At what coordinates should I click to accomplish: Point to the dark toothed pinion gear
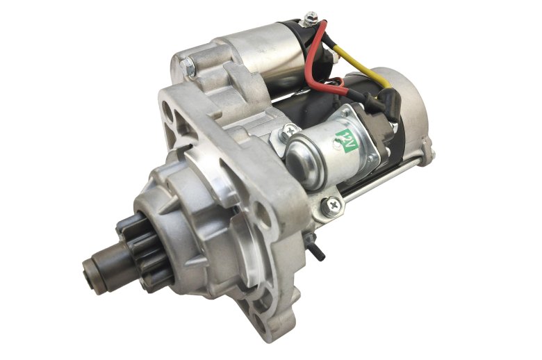point(145,252)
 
